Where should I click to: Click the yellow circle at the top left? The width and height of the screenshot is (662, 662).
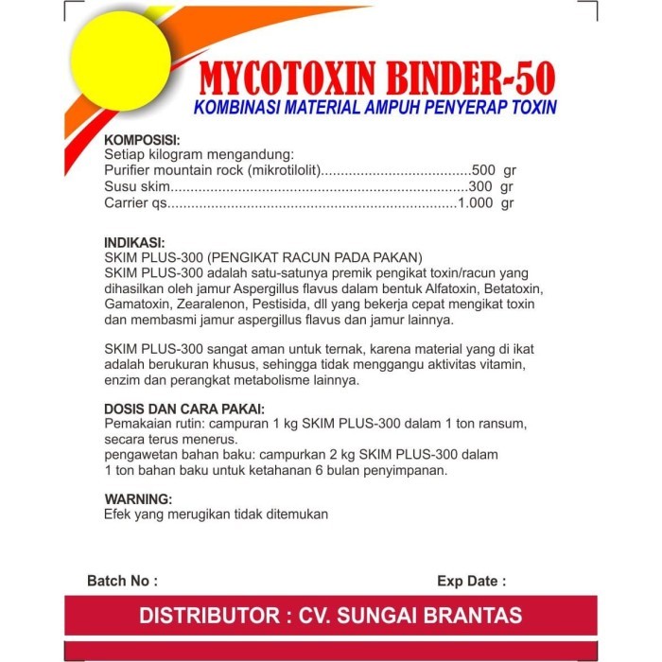pyautogui.click(x=118, y=59)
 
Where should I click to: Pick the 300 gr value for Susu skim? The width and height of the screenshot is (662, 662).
pyautogui.click(x=493, y=187)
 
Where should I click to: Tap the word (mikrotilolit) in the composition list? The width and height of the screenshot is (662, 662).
pyautogui.click(x=278, y=171)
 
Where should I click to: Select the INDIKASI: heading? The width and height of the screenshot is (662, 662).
pyautogui.click(x=134, y=242)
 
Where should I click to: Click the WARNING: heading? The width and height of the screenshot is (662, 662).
pyautogui.click(x=138, y=498)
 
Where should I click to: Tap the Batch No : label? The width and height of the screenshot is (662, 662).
pyautogui.click(x=122, y=581)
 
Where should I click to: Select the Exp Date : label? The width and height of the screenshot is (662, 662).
pyautogui.click(x=471, y=581)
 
